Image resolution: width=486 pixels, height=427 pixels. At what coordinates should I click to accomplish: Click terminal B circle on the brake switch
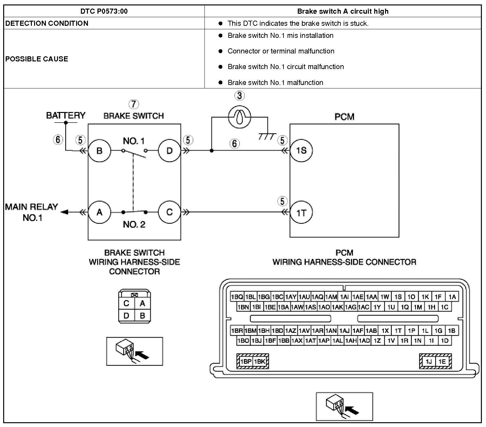pos(99,150)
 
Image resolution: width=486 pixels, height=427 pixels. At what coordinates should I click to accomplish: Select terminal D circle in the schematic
pos(169,150)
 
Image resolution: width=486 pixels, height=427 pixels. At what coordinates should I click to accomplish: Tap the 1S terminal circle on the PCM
pos(301,150)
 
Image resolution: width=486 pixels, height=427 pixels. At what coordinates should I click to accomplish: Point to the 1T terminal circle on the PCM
pos(301,213)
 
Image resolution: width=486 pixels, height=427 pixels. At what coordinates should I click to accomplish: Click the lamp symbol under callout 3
pos(239,117)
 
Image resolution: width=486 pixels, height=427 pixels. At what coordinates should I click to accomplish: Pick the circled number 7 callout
pos(134,104)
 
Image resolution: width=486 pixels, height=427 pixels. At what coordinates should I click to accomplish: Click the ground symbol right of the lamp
pos(267,136)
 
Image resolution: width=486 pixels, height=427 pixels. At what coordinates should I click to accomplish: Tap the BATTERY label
pos(66,115)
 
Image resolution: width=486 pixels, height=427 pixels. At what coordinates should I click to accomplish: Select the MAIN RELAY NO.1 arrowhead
pos(65,212)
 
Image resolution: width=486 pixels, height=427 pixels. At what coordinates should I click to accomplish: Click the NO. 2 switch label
pos(134,225)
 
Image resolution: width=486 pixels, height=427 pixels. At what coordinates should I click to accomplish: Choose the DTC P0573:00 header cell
pos(104,11)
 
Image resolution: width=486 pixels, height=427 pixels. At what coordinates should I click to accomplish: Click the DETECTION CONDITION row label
pos(47,23)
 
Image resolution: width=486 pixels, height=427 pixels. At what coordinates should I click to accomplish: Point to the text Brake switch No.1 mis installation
pos(280,36)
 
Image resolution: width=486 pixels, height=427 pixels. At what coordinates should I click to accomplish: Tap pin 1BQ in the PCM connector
pos(237,297)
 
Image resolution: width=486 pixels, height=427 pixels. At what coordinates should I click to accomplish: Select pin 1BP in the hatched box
pos(246,361)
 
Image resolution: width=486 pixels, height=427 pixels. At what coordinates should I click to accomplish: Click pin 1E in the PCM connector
pos(442,361)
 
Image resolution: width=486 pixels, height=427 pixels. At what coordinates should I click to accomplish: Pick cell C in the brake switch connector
pos(126,303)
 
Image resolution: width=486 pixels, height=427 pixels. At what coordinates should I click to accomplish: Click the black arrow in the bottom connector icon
pos(352,410)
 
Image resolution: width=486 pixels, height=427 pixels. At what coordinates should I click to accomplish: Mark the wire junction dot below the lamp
pos(211,150)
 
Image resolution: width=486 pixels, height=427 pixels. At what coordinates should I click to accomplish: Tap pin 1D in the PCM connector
pos(445,340)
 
